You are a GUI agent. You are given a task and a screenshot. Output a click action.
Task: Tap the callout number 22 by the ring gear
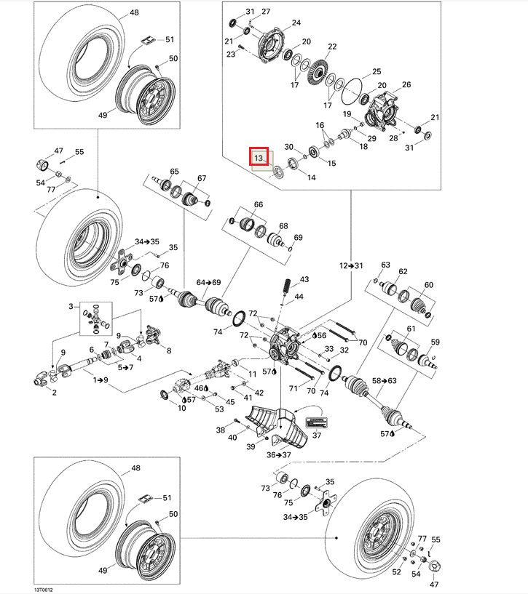[x=332, y=47]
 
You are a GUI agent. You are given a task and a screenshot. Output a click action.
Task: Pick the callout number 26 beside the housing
[x=406, y=85]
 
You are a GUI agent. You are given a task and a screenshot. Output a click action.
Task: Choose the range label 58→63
[x=385, y=380]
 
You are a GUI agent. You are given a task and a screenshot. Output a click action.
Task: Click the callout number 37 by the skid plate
[x=317, y=436]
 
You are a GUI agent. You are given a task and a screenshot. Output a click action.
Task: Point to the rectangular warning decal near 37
[x=317, y=422]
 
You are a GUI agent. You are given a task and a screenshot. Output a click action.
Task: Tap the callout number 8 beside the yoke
[x=169, y=351]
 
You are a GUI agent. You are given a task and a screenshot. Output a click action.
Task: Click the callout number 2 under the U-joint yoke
[x=52, y=392]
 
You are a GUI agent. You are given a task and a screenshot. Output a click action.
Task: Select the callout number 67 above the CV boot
[x=202, y=178]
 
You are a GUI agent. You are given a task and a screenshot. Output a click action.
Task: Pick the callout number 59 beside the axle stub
[x=436, y=342]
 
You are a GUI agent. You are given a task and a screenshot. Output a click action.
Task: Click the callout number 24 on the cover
[x=296, y=23]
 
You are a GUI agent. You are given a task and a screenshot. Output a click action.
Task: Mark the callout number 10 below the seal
[x=181, y=408]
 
